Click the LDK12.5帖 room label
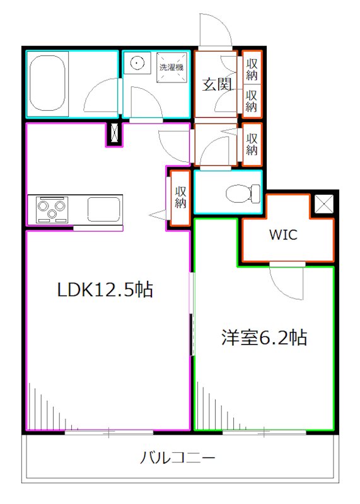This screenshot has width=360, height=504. pos(105,290)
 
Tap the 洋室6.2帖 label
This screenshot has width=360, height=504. pos(264,338)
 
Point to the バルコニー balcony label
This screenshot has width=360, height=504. pos(178,458)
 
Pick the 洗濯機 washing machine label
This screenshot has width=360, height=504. pos(170,67)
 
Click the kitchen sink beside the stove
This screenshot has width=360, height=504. pos(104,209)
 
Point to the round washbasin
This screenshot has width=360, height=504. pos(137,62)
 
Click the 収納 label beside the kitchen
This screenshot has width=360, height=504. pos(180,197)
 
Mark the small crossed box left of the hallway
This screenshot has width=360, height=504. pos(114,134)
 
